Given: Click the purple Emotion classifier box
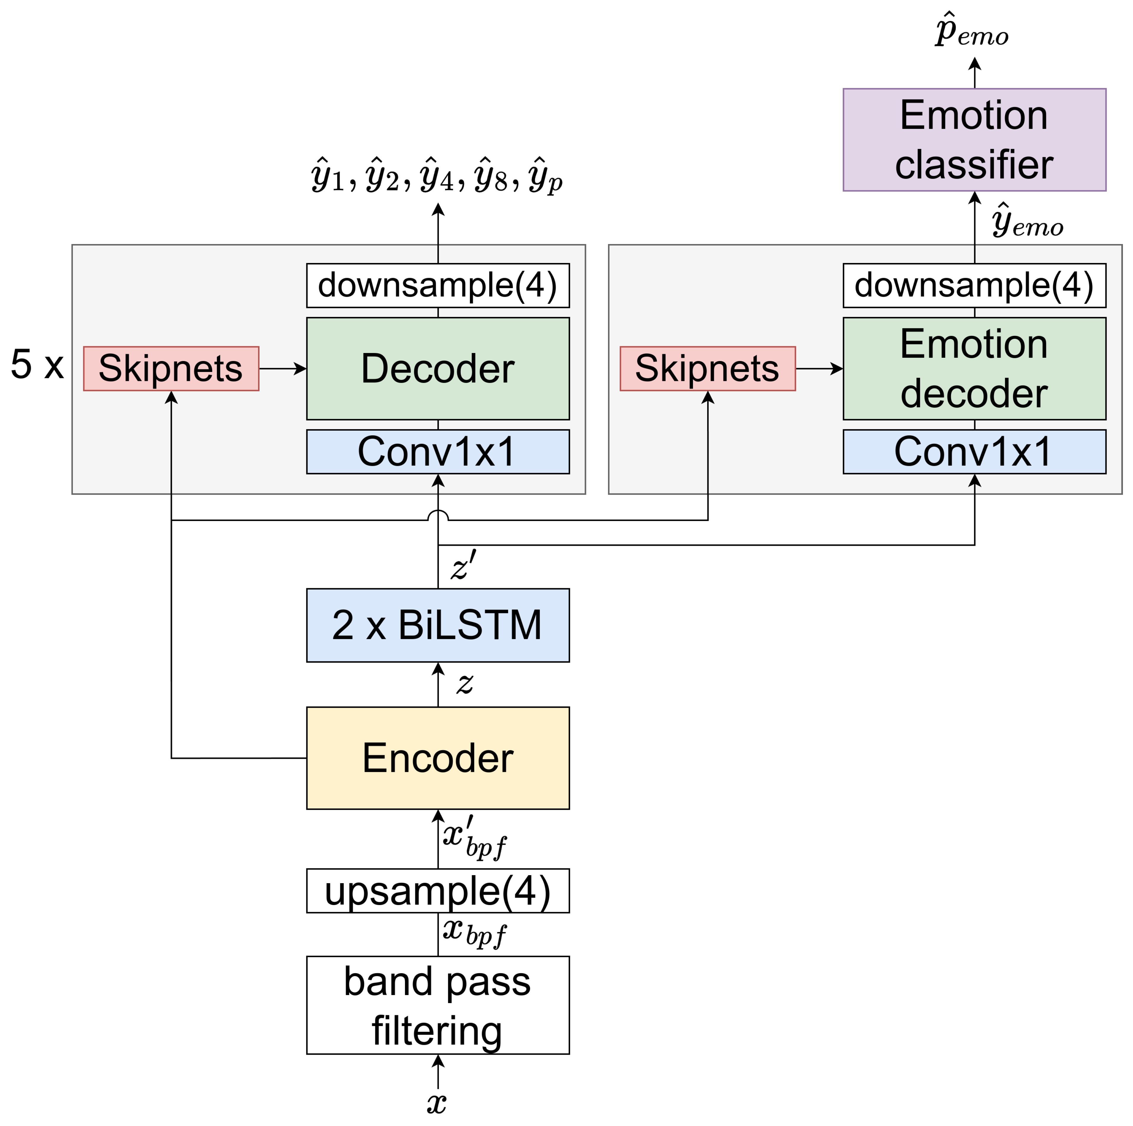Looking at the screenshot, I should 974,139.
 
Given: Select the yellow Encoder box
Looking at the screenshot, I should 438,758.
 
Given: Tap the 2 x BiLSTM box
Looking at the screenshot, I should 438,625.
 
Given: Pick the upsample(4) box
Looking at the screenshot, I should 438,890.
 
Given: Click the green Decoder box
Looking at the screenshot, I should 438,368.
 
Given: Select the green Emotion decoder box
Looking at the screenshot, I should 974,368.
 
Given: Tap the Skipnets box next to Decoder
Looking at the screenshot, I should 171,368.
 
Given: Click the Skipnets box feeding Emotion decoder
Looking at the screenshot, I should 707,368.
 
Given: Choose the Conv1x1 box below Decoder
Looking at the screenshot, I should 438,451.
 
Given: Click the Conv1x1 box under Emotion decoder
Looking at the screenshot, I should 974,451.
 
